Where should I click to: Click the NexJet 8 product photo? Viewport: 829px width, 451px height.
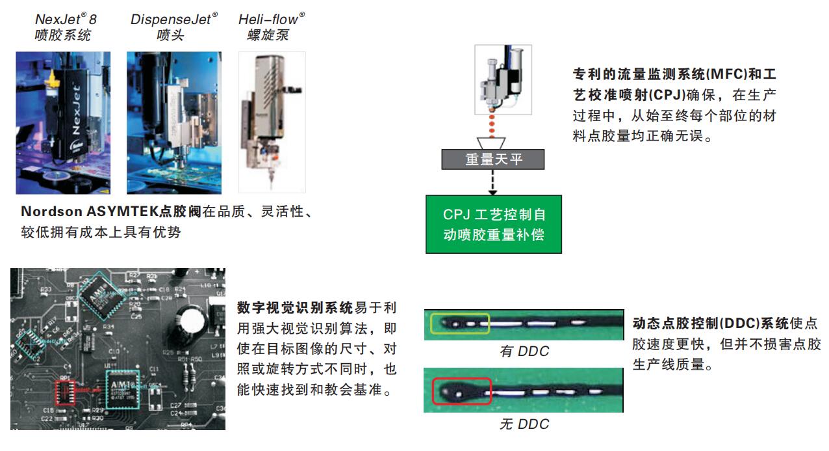63,122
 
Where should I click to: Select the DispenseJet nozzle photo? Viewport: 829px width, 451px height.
173,122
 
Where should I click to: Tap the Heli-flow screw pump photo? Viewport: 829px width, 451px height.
272,122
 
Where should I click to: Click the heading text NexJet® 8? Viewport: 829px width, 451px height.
66,20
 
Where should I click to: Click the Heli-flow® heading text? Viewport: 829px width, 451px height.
272,20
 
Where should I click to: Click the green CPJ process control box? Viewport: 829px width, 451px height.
493,224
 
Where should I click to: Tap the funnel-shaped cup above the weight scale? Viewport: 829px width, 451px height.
493,142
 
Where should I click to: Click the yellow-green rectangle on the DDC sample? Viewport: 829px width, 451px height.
461,323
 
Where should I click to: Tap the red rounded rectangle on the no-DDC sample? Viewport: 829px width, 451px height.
461,393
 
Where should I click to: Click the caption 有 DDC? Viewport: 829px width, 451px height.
524,351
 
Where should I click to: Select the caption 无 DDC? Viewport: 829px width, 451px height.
524,424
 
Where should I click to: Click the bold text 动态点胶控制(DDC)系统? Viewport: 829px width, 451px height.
710,323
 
